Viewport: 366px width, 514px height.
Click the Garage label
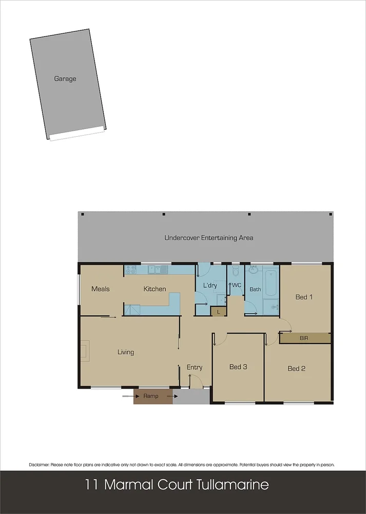(65, 79)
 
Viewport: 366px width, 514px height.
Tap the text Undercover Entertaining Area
(208, 238)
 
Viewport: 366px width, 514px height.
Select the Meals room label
(100, 289)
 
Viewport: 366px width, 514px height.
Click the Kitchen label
(155, 289)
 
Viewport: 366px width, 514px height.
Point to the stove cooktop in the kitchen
(130, 269)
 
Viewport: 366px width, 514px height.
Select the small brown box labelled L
(218, 311)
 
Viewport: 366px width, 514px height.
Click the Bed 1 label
(304, 297)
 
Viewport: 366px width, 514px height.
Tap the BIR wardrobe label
(304, 338)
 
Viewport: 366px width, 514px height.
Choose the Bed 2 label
(296, 369)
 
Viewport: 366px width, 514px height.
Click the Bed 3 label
(238, 367)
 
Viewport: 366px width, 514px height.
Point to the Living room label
(126, 352)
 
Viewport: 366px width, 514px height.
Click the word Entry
(195, 367)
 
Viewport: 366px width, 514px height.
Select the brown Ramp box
(151, 396)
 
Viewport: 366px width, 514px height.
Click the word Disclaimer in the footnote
(40, 465)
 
